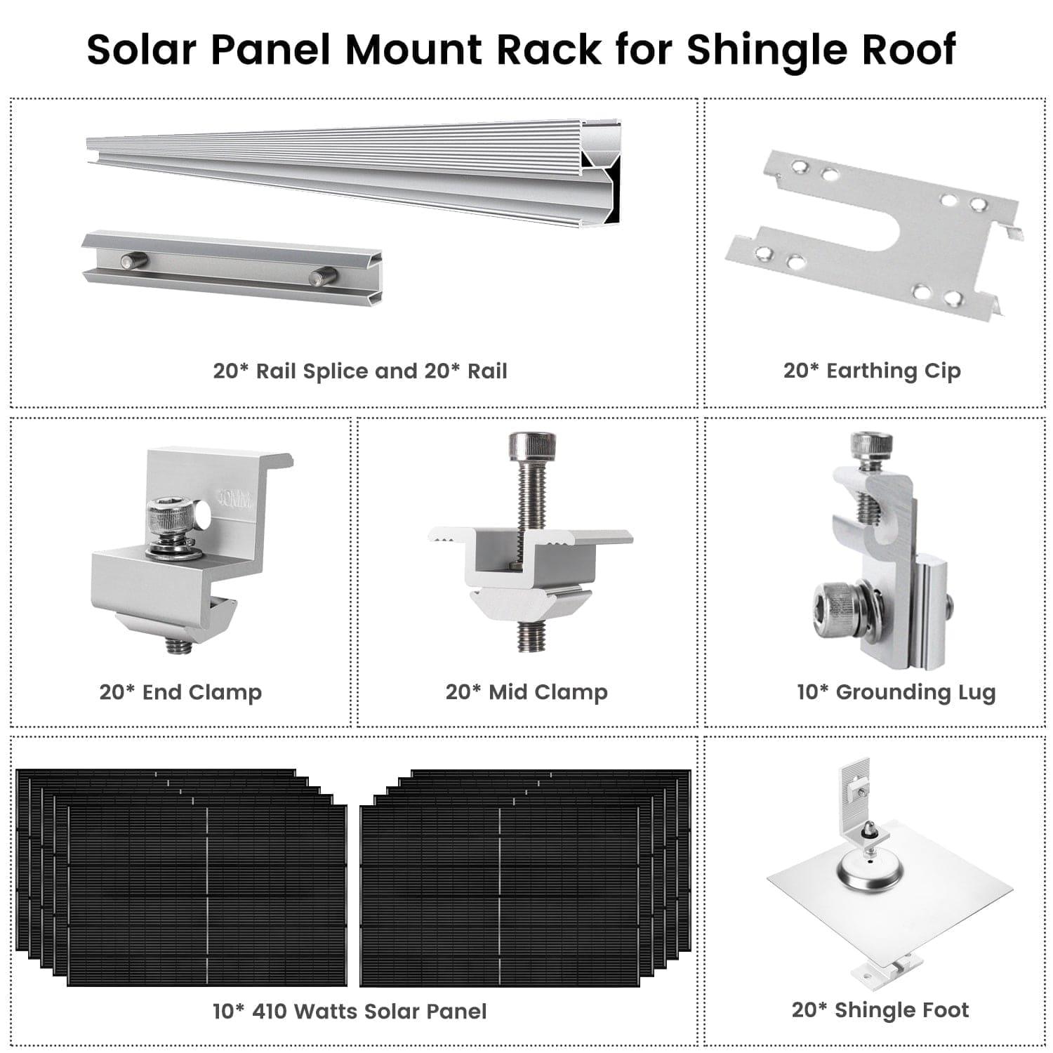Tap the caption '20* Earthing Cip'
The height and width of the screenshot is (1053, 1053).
point(872,371)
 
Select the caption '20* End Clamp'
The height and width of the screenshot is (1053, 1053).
point(180,692)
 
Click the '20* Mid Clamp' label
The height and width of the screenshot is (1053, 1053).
point(526,692)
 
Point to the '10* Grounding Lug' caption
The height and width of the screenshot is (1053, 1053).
point(896,692)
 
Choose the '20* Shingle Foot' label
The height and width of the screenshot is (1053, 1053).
point(880,1010)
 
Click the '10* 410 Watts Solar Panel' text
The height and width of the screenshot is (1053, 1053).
point(350,1012)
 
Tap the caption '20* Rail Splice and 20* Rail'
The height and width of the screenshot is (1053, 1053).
point(360,371)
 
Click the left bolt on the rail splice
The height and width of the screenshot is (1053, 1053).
point(133,261)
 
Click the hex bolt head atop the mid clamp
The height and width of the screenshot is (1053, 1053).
point(532,444)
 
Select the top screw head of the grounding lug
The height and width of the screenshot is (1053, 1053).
point(871,444)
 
